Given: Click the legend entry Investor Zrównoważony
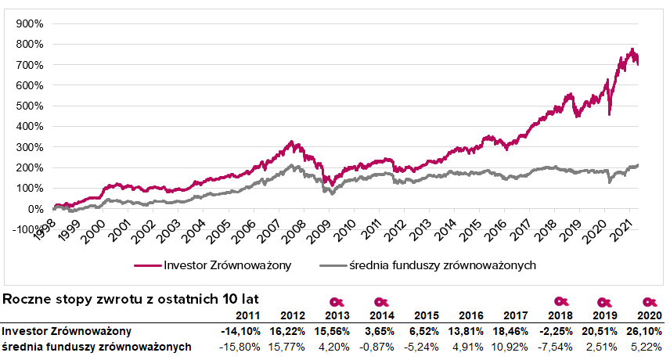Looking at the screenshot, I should pyautogui.click(x=226, y=265).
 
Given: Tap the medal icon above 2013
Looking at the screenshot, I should pyautogui.click(x=337, y=302).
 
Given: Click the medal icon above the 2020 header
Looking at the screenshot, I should pyautogui.click(x=649, y=302).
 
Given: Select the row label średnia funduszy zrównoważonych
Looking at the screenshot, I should pyautogui.click(x=96, y=347).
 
